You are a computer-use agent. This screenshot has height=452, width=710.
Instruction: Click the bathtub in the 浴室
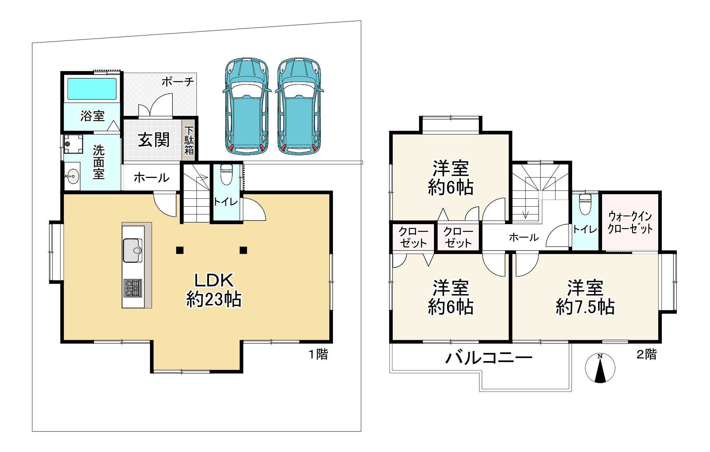pyautogui.click(x=92, y=89)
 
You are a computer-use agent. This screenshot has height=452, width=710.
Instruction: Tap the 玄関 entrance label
pyautogui.click(x=154, y=140)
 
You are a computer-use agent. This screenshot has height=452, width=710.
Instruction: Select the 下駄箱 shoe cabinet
pyautogui.click(x=189, y=140)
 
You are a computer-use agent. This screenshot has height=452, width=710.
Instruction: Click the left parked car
pyautogui.click(x=247, y=106)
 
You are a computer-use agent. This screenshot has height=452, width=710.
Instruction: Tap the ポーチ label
pyautogui.click(x=178, y=82)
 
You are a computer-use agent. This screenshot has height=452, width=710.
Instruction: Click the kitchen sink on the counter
pyautogui.click(x=133, y=250)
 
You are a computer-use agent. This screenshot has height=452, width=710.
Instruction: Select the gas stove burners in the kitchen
pyautogui.click(x=133, y=288)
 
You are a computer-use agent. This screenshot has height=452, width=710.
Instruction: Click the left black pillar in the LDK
pyautogui.click(x=179, y=250)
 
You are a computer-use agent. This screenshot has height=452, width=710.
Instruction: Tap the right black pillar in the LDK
pyautogui.click(x=243, y=250)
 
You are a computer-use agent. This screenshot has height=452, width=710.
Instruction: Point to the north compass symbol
pyautogui.click(x=600, y=368)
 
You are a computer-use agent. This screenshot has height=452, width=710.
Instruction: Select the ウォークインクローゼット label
pyautogui.click(x=630, y=223)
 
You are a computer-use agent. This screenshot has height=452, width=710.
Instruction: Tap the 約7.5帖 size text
pyautogui.click(x=585, y=307)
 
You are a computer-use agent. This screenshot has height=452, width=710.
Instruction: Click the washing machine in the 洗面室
pyautogui.click(x=73, y=144)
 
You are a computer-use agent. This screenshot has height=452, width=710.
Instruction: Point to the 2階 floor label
pyautogui.click(x=646, y=354)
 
